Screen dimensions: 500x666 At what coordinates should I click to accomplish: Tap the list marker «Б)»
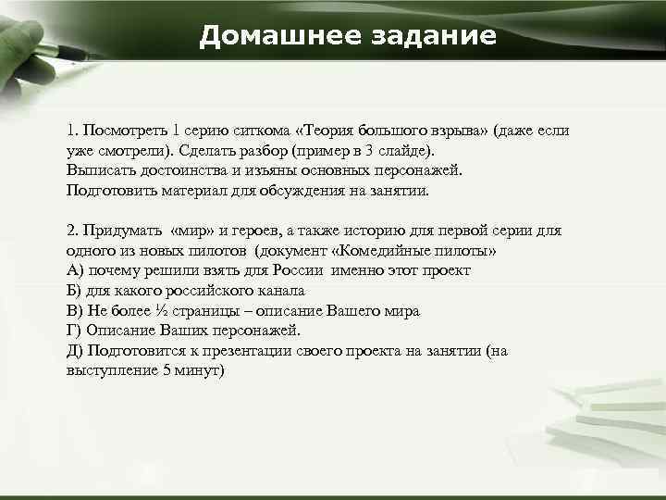(x=75, y=291)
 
